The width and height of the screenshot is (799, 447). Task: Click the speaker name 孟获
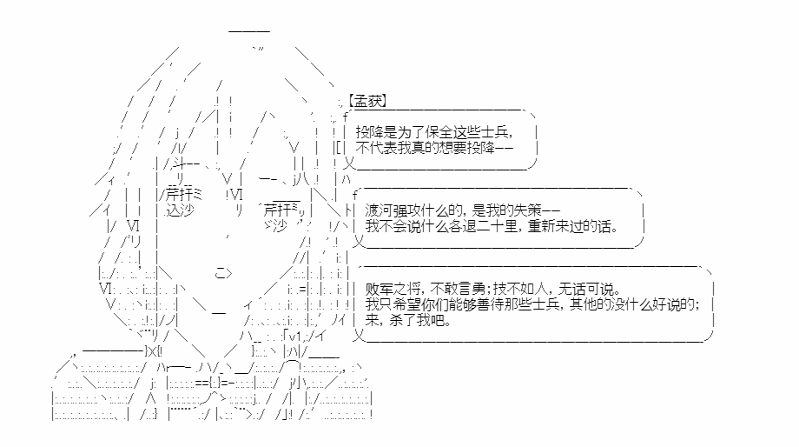[369, 101]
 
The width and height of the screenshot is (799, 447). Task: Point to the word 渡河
[379, 210]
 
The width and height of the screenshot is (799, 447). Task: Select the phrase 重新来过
[555, 225]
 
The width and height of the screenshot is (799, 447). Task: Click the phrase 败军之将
[393, 289]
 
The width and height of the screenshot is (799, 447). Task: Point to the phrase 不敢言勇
[458, 289]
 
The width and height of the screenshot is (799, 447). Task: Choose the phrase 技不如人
[520, 289]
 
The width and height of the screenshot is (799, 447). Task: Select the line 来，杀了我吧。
[408, 320]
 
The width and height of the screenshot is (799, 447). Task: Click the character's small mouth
[224, 273]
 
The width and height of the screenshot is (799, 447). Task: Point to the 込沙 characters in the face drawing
[180, 210]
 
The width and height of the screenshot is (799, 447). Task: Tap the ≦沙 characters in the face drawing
[275, 225]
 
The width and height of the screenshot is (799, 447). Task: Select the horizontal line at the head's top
[249, 31]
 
